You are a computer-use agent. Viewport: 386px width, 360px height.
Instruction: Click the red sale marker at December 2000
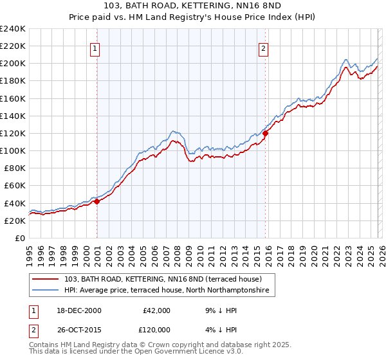click(x=96, y=201)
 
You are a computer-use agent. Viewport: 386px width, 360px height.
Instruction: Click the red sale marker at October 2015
click(x=265, y=133)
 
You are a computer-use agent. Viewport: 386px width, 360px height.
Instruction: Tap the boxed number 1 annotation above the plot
click(x=95, y=48)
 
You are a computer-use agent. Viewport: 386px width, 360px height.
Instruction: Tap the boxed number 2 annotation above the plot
click(x=263, y=48)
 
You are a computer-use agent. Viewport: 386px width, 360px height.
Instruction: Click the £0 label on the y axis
click(x=20, y=238)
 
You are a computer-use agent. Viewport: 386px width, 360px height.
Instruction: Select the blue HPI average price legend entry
click(x=169, y=291)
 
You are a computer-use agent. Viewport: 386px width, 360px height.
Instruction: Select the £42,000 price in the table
click(x=156, y=310)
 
